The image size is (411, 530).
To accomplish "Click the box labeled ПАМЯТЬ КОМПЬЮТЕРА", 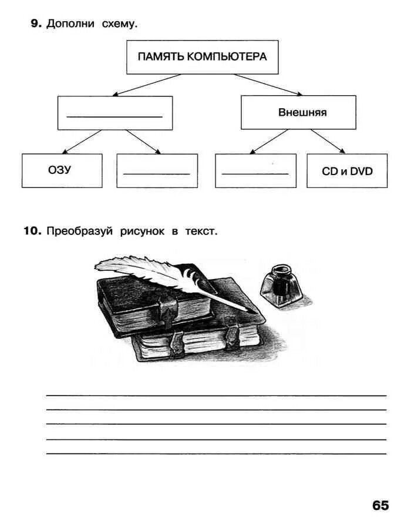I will coord(202,57).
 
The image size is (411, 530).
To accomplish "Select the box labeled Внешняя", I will coord(298,112).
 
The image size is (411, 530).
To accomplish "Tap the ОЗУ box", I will coord(62,170).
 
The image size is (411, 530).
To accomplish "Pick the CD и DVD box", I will coord(347,170).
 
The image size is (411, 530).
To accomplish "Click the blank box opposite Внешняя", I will coord(114,112).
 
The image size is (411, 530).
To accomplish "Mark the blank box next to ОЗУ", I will coord(157,170).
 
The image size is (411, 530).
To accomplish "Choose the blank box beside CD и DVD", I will coord(255,170).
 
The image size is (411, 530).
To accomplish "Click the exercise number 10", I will coord(32,231).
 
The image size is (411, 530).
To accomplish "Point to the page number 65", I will coord(380,505).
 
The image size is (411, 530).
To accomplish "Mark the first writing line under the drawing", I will coord(216,395).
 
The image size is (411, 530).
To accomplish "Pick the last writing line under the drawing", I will coord(216,454).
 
